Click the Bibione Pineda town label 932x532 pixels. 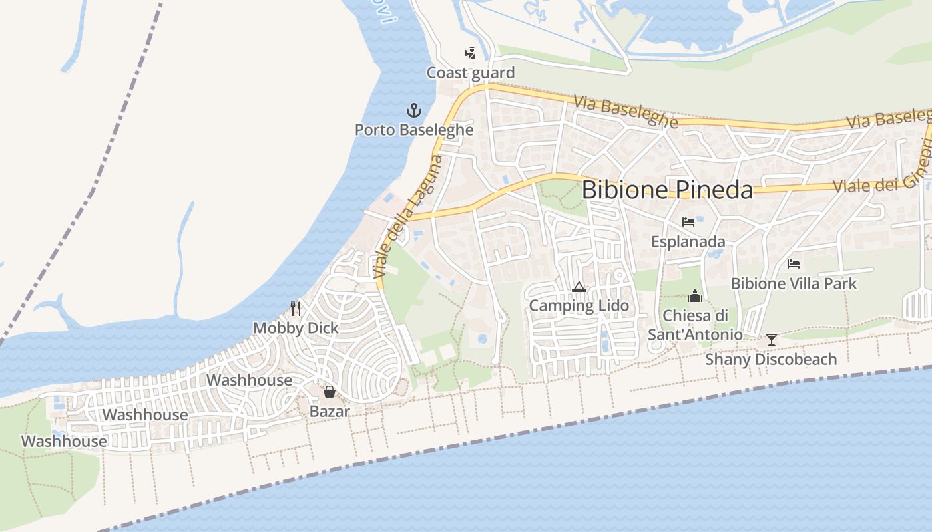667,190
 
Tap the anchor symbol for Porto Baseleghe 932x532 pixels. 414,110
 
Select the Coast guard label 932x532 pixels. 471,73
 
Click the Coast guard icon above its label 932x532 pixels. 470,53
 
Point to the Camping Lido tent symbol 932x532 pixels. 579,287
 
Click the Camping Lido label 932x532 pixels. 579,306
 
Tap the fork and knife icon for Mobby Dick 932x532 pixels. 296,309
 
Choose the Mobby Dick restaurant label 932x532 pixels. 296,328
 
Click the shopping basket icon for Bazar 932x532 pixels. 329,392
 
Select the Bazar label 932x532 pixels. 330,412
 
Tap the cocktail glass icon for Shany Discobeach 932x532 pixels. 771,340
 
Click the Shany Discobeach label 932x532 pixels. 771,360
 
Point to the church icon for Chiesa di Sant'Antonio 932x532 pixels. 695,296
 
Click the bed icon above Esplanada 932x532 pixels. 688,222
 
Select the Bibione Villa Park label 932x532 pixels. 794,284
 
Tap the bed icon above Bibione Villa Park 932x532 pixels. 794,264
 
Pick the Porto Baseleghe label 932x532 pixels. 414,130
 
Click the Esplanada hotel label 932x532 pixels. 688,241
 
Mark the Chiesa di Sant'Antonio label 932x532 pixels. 695,325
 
